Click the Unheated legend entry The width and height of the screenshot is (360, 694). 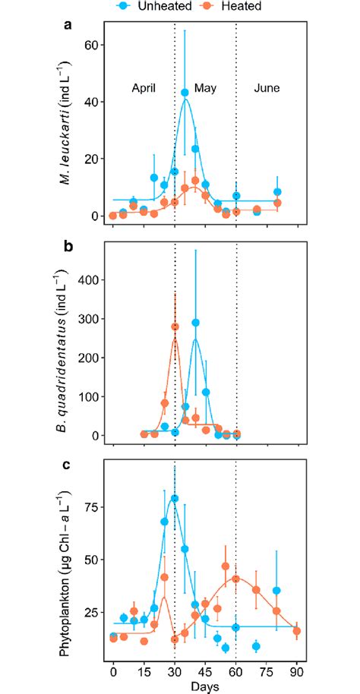(147, 6)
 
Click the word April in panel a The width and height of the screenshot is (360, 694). (139, 87)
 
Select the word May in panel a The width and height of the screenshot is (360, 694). (205, 87)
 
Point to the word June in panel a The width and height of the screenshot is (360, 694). (267, 87)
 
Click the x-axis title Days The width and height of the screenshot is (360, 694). (204, 686)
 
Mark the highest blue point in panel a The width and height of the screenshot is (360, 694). (185, 93)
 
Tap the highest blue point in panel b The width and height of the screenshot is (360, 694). (195, 323)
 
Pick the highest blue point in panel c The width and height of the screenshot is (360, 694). (175, 499)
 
